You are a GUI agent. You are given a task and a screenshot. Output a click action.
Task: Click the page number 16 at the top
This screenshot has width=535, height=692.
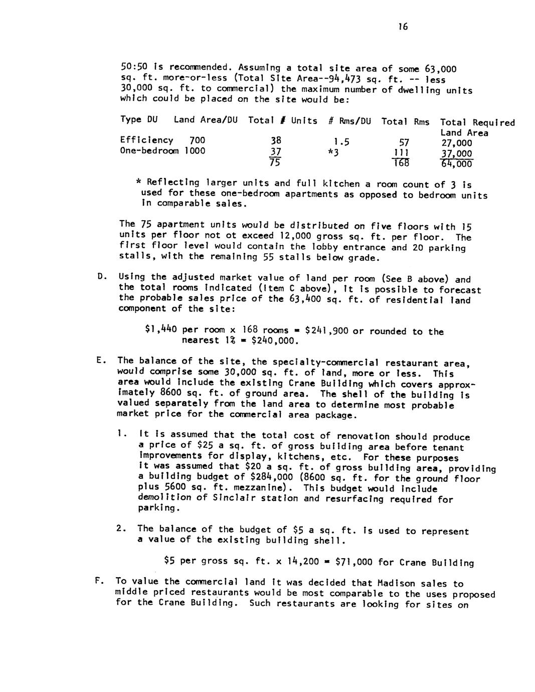pyautogui.click(x=403, y=27)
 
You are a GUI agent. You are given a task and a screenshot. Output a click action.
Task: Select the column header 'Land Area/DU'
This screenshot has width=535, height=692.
pyautogui.click(x=206, y=120)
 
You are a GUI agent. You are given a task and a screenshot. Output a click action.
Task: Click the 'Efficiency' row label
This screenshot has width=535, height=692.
pyautogui.click(x=146, y=140)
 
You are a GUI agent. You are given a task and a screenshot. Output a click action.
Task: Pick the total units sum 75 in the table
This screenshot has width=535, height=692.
pyautogui.click(x=274, y=162)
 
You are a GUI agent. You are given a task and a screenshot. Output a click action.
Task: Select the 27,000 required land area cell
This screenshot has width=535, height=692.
pyautogui.click(x=456, y=143)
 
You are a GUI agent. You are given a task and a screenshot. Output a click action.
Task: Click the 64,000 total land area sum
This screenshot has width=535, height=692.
pyautogui.click(x=456, y=164)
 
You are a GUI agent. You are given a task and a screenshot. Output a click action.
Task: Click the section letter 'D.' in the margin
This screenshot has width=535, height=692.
pyautogui.click(x=102, y=276)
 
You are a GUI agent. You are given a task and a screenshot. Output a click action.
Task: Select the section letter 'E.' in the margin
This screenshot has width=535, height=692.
pyautogui.click(x=101, y=360)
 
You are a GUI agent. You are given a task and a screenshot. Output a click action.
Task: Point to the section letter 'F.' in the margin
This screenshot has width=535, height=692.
pyautogui.click(x=99, y=581)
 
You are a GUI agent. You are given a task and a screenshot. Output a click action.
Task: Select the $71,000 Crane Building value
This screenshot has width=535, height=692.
pyautogui.click(x=353, y=562)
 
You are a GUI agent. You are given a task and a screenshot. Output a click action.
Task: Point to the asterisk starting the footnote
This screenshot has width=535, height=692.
pyautogui.click(x=138, y=183)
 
